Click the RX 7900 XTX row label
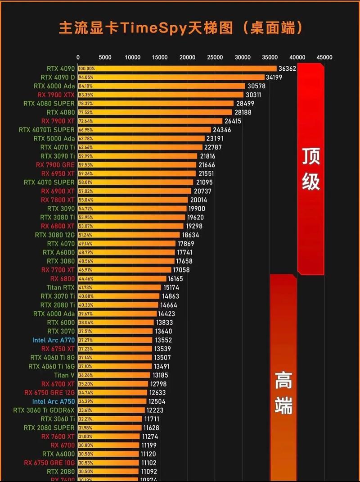[x=56, y=95]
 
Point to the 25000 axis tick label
[x=215, y=57]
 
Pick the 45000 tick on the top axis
[x=324, y=57]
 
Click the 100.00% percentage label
[x=86, y=69]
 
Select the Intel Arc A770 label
[x=54, y=340]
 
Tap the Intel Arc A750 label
[x=54, y=401]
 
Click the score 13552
[x=163, y=340]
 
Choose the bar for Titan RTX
[x=119, y=287]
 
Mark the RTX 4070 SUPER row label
[x=49, y=182]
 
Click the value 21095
[x=204, y=182]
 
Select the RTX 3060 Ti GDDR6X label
[x=44, y=410]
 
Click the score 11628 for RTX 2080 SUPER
[x=152, y=427]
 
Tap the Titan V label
[x=64, y=375]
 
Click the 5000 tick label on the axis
[x=105, y=57]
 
